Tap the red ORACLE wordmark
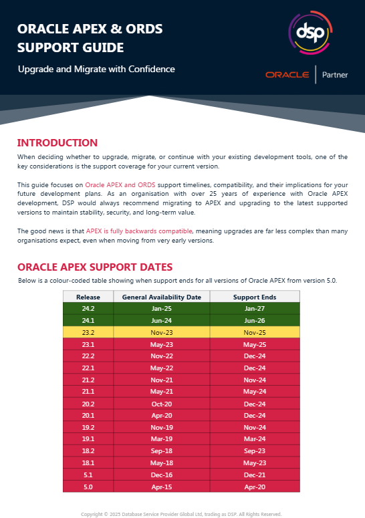click(x=287, y=75)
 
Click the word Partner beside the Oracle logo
click(x=335, y=75)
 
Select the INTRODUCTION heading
click(x=57, y=142)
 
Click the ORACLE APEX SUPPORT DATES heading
click(x=94, y=267)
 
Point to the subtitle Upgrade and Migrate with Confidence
click(x=96, y=69)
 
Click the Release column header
click(x=88, y=297)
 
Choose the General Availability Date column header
click(x=162, y=297)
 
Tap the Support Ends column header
click(x=254, y=297)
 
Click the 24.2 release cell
click(x=88, y=308)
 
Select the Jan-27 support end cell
click(x=254, y=308)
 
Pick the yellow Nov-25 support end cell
click(x=254, y=332)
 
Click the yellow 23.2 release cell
click(x=88, y=332)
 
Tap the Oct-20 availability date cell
click(x=162, y=404)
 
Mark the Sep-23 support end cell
click(x=254, y=450)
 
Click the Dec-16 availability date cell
click(x=162, y=474)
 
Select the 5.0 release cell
click(x=88, y=486)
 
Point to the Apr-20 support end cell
click(x=254, y=486)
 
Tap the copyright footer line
click(x=182, y=514)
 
